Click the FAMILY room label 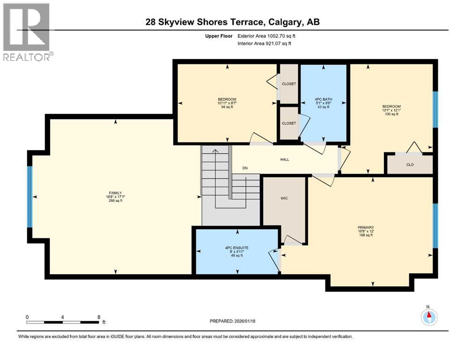coord(116,193)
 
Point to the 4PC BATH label coord(322,99)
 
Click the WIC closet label coord(284,198)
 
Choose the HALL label coord(285,159)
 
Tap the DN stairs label coord(244,168)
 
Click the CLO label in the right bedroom coord(409,165)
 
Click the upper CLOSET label coord(288,84)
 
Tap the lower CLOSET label coord(288,123)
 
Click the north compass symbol coord(428,317)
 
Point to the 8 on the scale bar coord(98,316)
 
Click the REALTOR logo coord(27,32)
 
